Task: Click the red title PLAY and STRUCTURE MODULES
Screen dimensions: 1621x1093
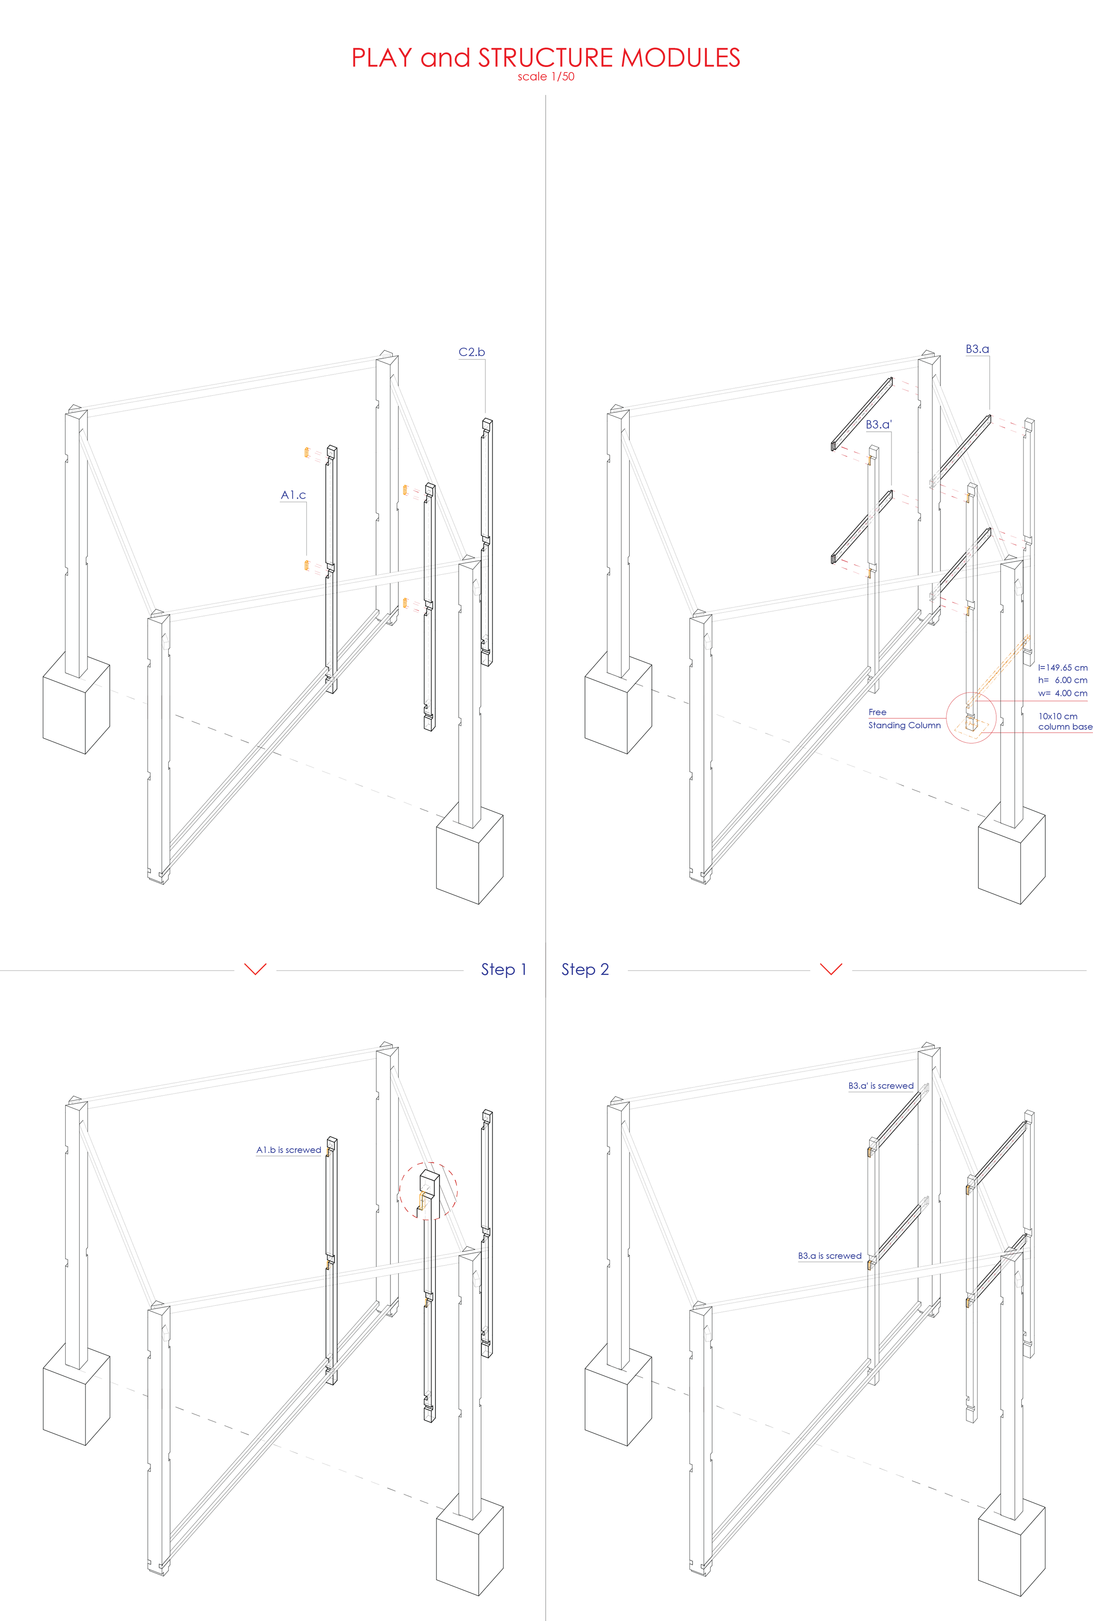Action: tap(546, 57)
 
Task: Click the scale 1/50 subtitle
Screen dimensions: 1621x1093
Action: tap(546, 77)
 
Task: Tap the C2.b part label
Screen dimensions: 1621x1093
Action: tap(471, 352)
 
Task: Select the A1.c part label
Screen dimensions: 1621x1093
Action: tap(293, 495)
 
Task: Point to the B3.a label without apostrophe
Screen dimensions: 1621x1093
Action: tap(977, 349)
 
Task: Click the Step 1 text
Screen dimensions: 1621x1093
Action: tap(503, 969)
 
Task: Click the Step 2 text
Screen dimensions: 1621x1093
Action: tap(585, 969)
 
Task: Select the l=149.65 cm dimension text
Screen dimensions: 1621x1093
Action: tap(1062, 667)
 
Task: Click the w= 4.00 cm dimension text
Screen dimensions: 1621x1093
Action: tap(1062, 693)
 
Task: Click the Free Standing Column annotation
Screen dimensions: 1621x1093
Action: tap(904, 719)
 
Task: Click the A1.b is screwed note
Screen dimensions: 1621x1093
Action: tap(289, 1149)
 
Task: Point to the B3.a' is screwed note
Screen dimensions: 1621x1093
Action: tap(881, 1086)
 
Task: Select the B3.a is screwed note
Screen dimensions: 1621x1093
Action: tap(829, 1256)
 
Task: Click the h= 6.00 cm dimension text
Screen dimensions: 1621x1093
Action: tap(1062, 680)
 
